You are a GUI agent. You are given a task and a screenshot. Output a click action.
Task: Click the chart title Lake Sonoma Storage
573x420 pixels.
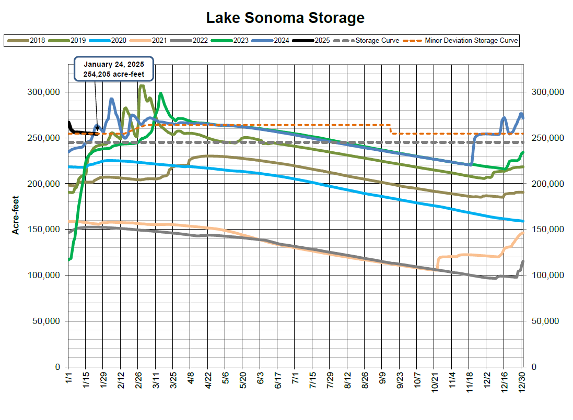tap(285, 18)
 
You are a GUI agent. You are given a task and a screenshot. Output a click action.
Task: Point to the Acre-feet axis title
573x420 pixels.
tap(16, 215)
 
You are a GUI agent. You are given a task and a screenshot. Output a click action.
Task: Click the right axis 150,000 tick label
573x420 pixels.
tap(547, 229)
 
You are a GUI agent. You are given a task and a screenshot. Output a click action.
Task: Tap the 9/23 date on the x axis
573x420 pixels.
tap(401, 379)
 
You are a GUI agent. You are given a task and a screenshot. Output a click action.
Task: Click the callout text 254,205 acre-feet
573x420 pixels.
tap(114, 74)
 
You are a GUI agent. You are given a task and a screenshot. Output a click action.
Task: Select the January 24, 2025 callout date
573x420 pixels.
tap(114, 64)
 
